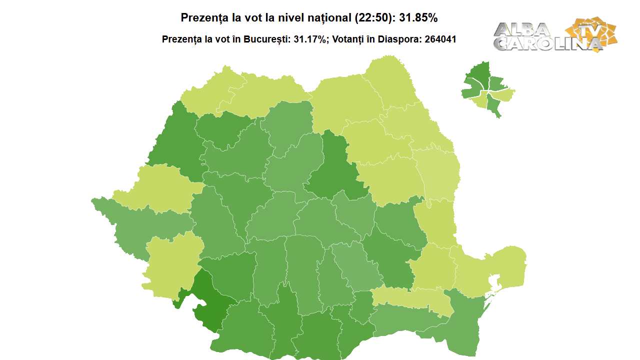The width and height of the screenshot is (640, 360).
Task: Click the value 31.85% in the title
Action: pos(418,18)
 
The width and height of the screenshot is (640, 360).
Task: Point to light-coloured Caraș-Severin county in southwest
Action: pos(170,262)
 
